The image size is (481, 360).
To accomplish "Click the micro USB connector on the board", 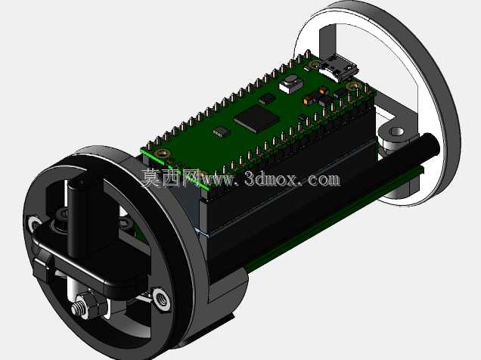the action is coord(338,67).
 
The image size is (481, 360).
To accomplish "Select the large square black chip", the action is coord(256,118).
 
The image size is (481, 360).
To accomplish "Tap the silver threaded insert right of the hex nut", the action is coord(161,298).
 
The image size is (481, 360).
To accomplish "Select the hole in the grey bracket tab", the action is coord(397,132).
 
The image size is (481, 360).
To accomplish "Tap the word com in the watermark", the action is coord(324,179).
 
